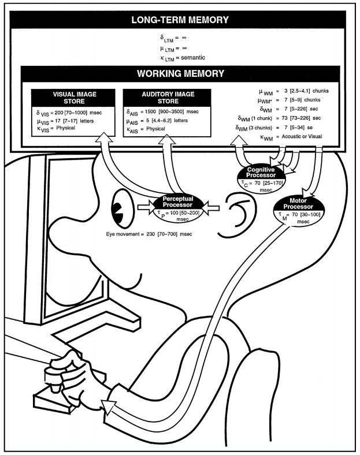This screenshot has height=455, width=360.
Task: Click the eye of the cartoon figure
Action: (121, 211)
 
